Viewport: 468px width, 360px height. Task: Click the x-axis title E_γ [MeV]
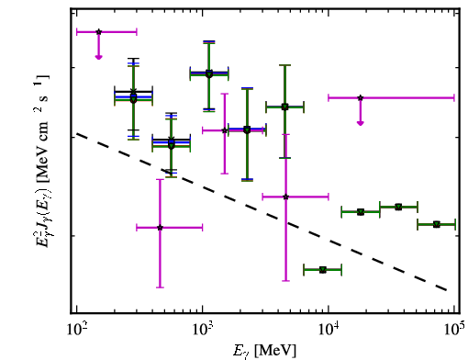click(x=264, y=351)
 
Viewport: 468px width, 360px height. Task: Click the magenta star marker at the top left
click(x=98, y=32)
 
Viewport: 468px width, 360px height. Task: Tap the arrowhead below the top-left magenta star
click(x=98, y=57)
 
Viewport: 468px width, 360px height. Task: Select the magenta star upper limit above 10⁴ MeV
click(x=361, y=98)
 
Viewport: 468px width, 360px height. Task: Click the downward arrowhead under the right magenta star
click(x=361, y=123)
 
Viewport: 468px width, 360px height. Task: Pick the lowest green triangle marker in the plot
click(x=323, y=270)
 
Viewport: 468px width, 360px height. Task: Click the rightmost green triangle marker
click(x=437, y=224)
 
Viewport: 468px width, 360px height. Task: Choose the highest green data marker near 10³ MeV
click(x=209, y=73)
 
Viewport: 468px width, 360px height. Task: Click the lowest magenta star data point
click(x=160, y=228)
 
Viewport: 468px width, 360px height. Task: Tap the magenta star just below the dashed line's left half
click(x=160, y=228)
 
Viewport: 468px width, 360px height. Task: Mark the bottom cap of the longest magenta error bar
click(x=285, y=280)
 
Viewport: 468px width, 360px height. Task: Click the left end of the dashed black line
click(x=77, y=133)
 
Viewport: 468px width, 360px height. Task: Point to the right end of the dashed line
click(x=447, y=290)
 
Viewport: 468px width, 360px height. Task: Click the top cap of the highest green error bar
click(x=209, y=42)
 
